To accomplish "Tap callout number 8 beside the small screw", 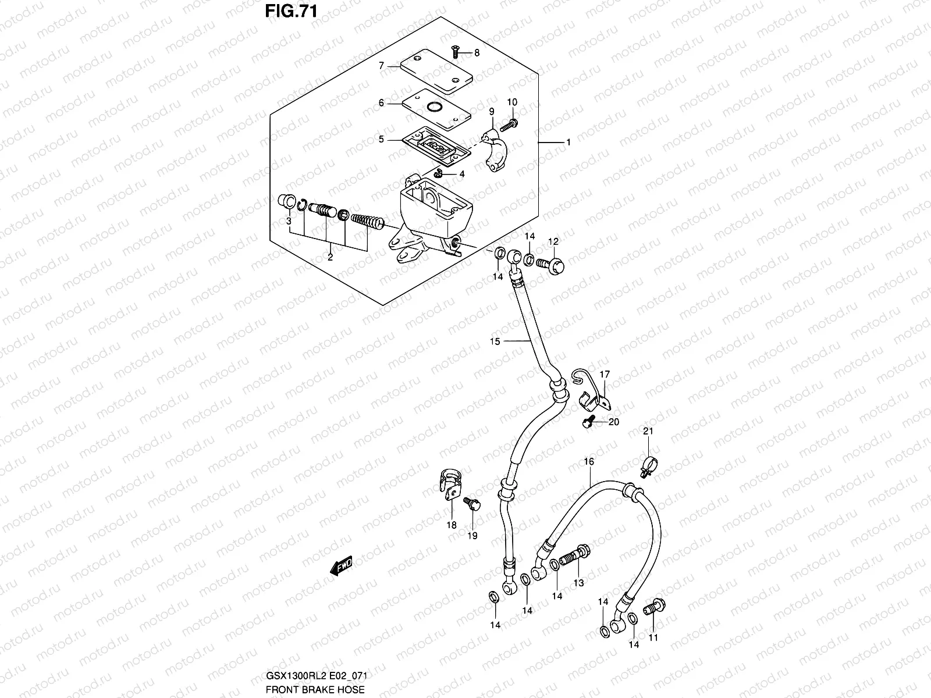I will pyautogui.click(x=477, y=53).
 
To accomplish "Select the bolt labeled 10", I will pyautogui.click(x=510, y=123).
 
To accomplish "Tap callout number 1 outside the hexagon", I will pyautogui.click(x=568, y=143).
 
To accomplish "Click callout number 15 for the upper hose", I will pyautogui.click(x=495, y=341).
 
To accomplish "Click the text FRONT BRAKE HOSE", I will pyautogui.click(x=315, y=689).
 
